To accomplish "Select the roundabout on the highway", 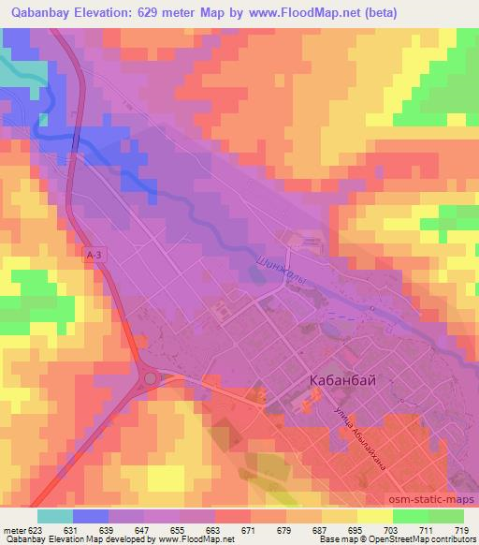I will tap(151, 378).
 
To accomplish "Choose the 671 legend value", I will tap(249, 530).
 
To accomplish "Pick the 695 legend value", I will tap(356, 530).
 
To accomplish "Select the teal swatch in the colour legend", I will tap(55, 516).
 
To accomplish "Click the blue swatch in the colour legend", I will tap(91, 516).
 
